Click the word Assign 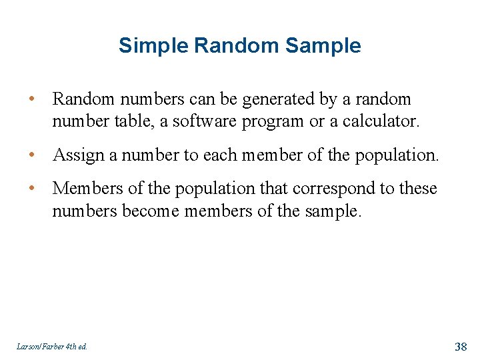[77, 155]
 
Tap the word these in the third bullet [418, 189]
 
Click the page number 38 [461, 346]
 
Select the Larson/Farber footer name [37, 346]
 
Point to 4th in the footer [69, 346]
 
